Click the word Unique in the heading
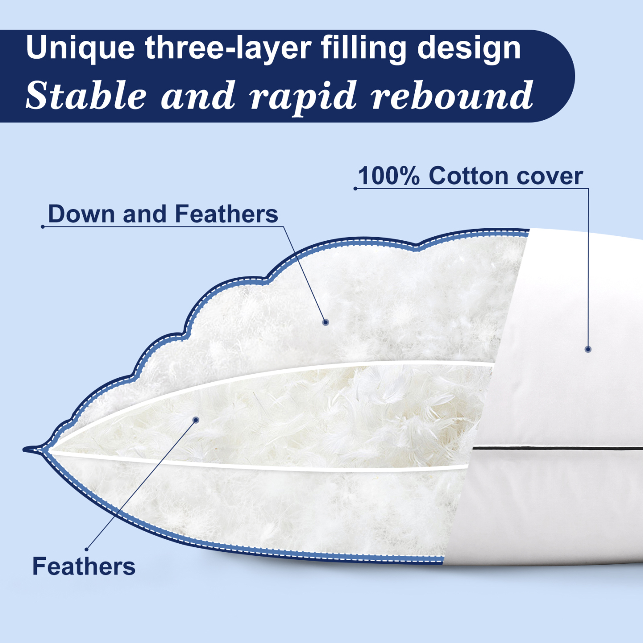point(80,48)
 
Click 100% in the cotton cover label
point(388,176)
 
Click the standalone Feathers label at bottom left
point(84,566)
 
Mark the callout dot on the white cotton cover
point(588,349)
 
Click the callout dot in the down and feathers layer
point(325,322)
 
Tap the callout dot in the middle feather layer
point(196,420)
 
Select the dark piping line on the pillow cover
point(556,448)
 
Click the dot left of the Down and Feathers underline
point(43,227)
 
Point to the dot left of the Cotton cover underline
point(355,189)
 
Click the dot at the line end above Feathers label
point(86,549)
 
